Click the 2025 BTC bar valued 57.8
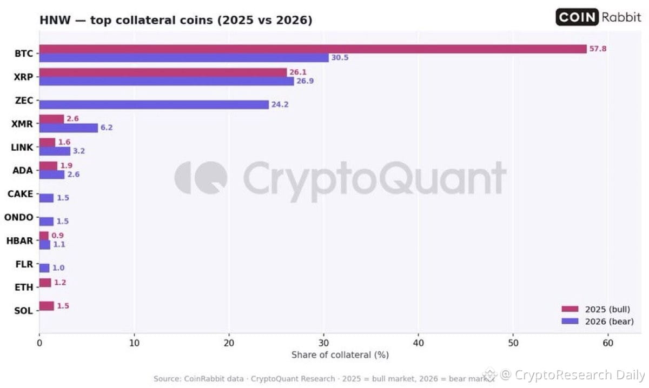tap(313, 49)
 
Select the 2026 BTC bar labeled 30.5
tap(184, 58)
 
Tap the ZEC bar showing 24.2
tap(154, 104)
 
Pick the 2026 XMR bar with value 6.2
tap(69, 128)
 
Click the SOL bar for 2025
tap(47, 306)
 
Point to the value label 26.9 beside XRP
tap(305, 81)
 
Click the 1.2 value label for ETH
tap(60, 282)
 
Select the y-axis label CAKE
tap(21, 193)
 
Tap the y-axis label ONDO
tap(19, 217)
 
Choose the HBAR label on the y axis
tap(19, 240)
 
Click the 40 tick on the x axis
tap(419, 343)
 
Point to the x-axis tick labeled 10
tap(134, 343)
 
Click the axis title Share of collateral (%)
tap(340, 354)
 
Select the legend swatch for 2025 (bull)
tap(570, 309)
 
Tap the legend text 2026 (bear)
tap(610, 322)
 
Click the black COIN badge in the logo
tap(577, 17)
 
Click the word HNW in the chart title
tap(55, 21)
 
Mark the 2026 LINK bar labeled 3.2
tap(55, 151)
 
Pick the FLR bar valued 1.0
tap(44, 268)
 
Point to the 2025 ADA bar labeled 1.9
tap(48, 166)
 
